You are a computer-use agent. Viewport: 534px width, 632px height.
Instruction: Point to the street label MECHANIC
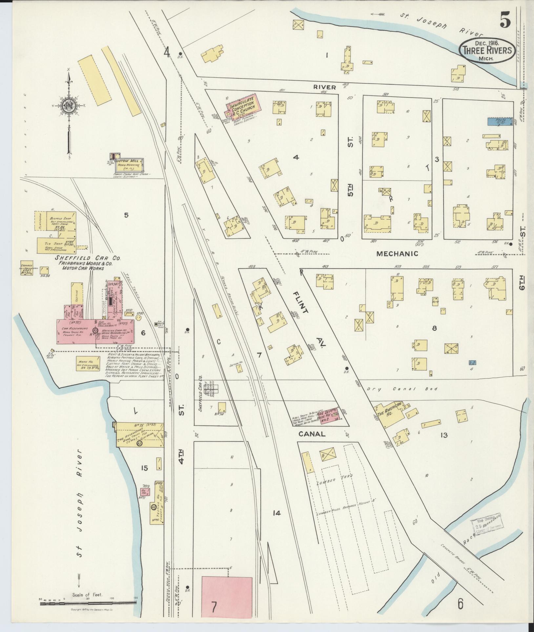pos(397,254)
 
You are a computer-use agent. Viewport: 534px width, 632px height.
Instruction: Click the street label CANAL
pos(312,434)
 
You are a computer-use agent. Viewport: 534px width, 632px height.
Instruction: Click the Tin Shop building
pos(56,245)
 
